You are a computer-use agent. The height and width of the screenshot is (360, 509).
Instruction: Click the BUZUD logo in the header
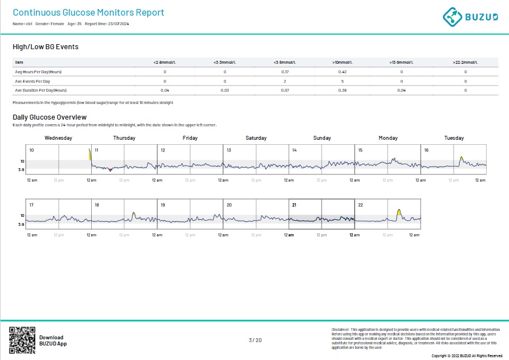point(469,16)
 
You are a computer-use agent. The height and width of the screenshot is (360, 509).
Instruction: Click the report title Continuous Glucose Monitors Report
point(88,12)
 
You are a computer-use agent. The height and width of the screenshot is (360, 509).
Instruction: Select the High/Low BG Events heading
point(45,46)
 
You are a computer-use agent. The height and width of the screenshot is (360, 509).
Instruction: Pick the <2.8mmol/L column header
point(164,62)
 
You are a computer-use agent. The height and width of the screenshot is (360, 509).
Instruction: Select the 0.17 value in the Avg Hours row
point(285,72)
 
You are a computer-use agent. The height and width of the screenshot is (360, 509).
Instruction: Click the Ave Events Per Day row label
point(32,81)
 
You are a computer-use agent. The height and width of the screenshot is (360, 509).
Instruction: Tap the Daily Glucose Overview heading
point(49,117)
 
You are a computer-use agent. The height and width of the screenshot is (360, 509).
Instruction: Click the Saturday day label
point(256,138)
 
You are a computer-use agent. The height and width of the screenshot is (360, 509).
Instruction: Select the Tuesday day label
point(454,138)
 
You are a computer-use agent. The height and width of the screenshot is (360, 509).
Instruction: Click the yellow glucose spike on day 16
point(461,159)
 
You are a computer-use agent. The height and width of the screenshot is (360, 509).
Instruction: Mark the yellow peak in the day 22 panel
point(398,212)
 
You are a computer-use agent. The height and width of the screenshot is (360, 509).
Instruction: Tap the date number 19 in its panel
point(163,205)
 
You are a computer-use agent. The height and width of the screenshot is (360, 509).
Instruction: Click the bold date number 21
point(294,205)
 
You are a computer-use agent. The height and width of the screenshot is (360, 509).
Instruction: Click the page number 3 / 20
point(254,340)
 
